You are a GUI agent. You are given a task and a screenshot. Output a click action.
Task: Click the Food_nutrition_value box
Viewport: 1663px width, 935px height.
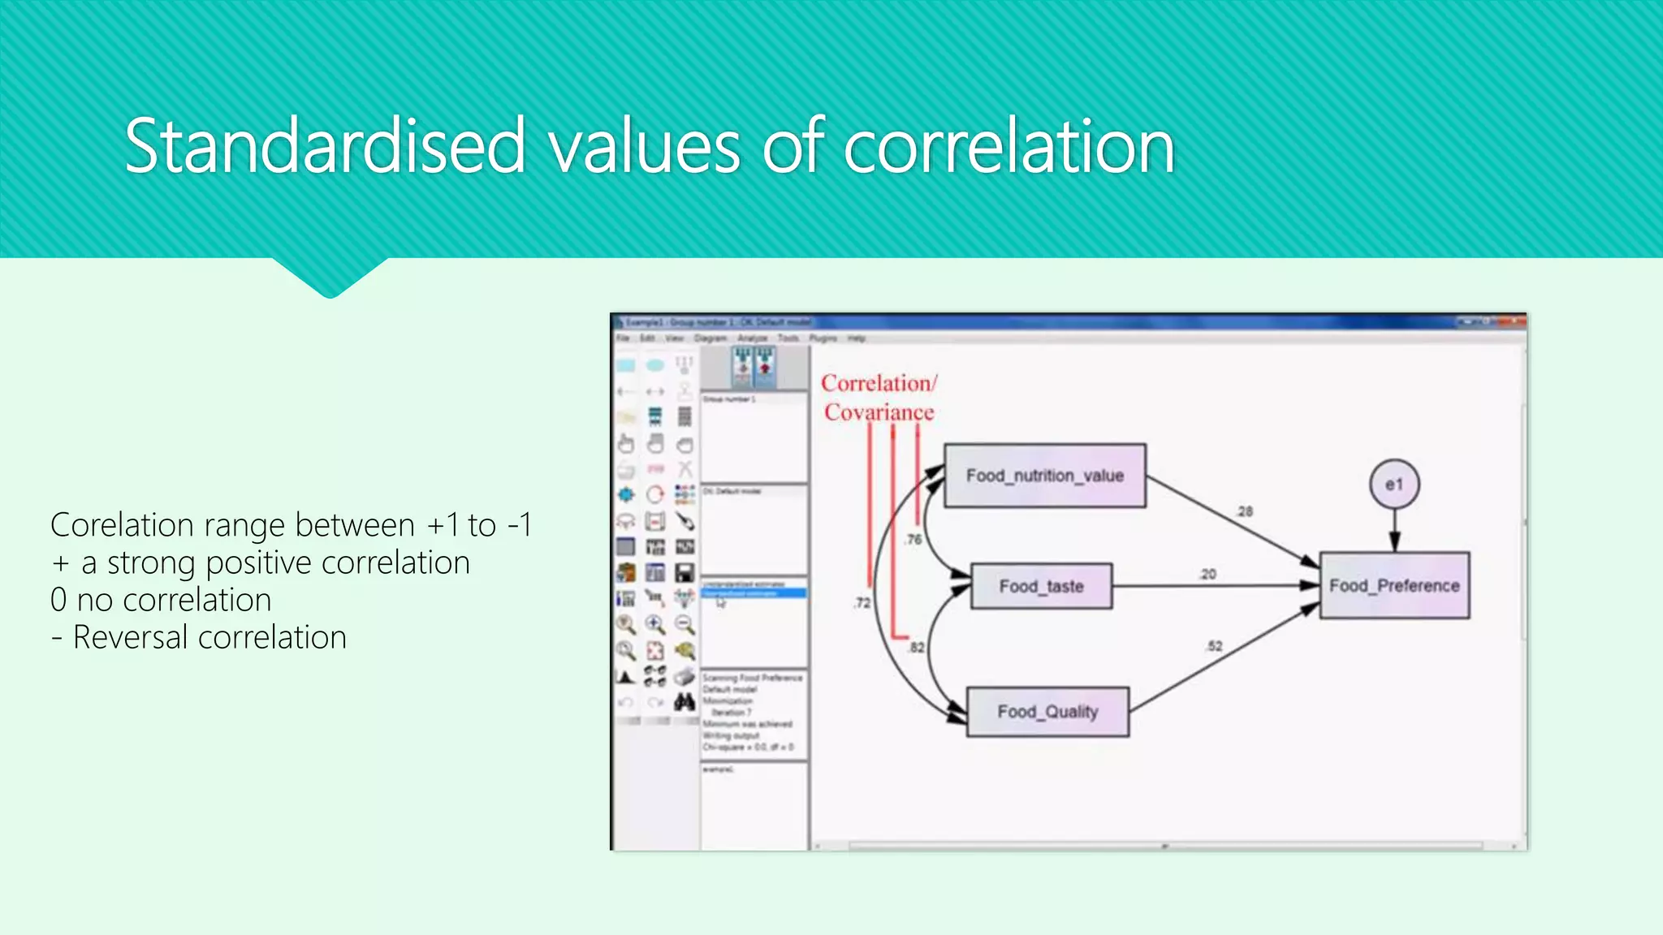pos(1044,476)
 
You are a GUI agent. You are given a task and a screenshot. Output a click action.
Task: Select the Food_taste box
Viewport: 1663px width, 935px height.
pos(1041,586)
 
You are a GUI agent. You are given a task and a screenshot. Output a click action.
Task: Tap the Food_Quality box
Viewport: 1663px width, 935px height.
pos(1047,712)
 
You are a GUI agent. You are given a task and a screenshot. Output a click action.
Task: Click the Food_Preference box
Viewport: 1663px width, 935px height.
pos(1394,585)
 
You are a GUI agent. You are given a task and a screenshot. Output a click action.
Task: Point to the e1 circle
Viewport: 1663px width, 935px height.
pos(1394,485)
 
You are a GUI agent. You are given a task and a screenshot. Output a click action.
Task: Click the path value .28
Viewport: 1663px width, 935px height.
pos(1244,511)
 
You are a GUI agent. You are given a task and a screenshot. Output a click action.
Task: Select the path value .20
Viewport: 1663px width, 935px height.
pos(1207,574)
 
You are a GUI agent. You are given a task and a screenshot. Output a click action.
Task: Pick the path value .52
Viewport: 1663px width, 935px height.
pos(1214,646)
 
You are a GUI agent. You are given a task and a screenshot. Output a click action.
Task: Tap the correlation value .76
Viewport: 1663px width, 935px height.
pos(914,539)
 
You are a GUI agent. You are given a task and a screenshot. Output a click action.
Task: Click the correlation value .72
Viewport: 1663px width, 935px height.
pos(862,603)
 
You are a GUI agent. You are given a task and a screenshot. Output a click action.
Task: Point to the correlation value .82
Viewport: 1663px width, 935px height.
pos(916,647)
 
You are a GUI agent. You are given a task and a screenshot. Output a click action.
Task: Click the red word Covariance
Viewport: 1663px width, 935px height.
pos(879,412)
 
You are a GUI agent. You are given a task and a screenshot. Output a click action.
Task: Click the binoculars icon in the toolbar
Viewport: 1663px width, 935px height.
pos(685,701)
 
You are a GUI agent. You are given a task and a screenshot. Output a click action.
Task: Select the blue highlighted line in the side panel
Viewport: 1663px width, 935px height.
pos(753,593)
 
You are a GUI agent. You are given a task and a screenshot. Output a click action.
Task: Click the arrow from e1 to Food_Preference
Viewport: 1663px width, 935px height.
pos(1394,532)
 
